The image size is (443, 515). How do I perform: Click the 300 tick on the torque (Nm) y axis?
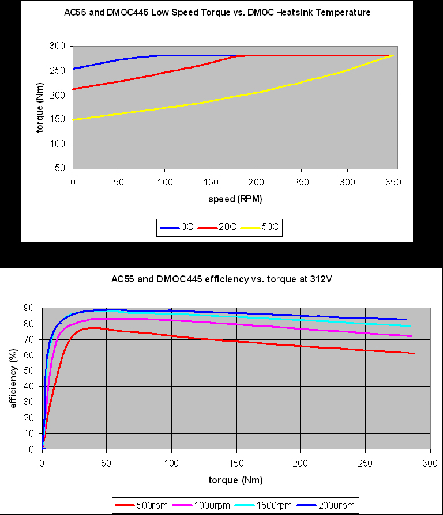click(57, 46)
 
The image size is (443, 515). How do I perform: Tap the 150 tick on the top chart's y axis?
click(57, 120)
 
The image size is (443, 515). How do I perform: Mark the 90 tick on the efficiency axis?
click(31, 308)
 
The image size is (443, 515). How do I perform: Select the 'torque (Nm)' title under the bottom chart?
click(235, 479)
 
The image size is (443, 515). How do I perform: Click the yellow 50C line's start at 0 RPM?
click(73, 119)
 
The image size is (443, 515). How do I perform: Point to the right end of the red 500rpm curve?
click(414, 353)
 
